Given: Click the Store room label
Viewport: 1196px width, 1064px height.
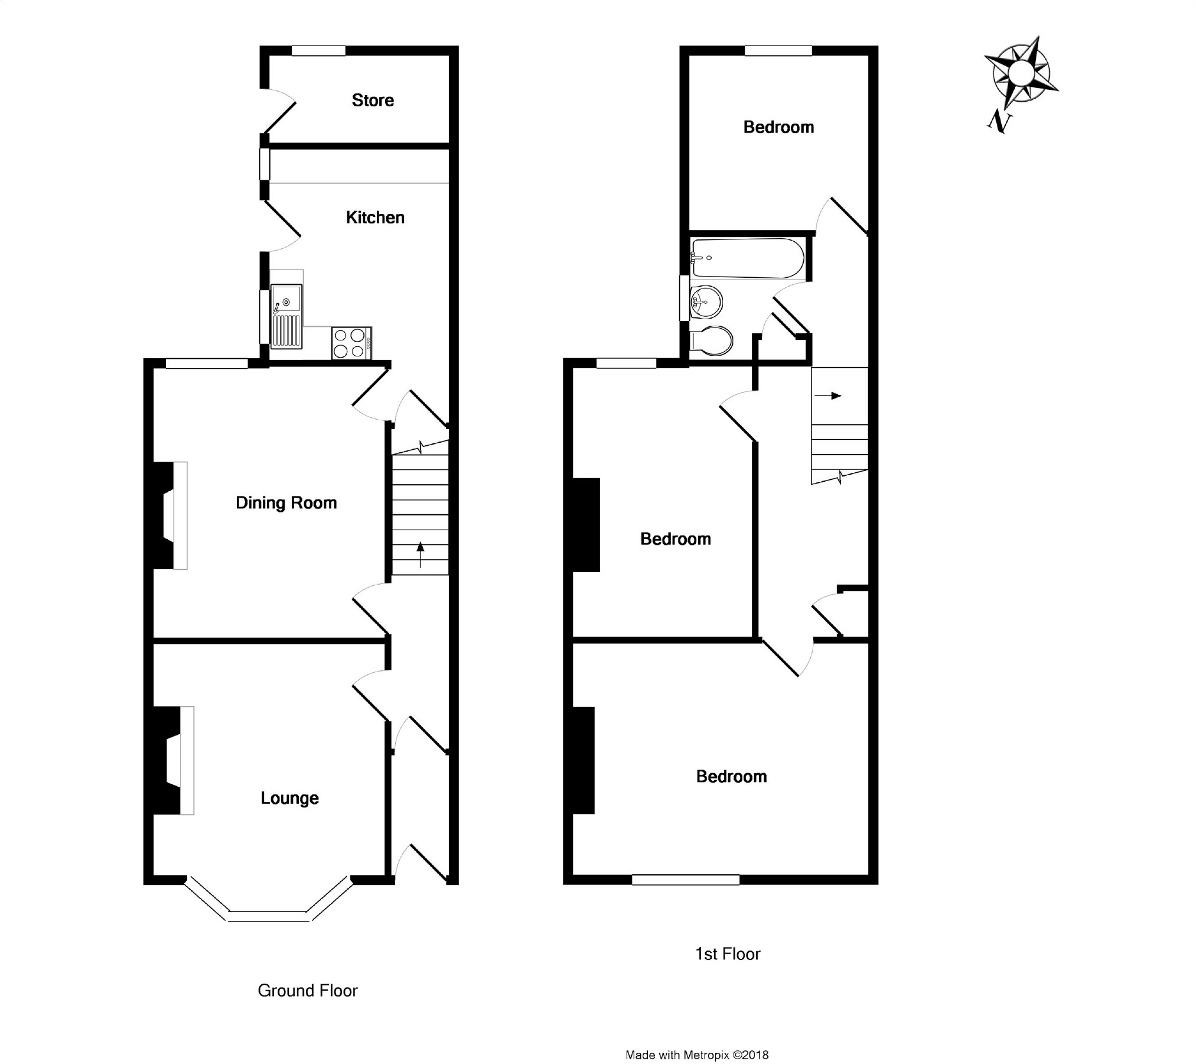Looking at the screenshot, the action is click(x=373, y=100).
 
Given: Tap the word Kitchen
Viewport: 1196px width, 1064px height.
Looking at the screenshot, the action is click(x=375, y=218).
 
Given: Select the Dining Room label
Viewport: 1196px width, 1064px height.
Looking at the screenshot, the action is click(x=286, y=503).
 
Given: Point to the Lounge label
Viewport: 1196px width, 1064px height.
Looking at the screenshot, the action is click(x=289, y=798).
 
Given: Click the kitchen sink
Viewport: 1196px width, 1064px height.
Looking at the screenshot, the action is click(x=286, y=315).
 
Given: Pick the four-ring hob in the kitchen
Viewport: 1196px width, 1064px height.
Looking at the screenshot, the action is click(x=351, y=343).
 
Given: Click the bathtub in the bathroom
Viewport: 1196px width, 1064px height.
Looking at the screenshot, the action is click(x=747, y=258).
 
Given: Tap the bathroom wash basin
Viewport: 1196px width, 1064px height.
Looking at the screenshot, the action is click(x=705, y=302).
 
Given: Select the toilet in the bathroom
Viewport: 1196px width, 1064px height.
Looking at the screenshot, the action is click(x=712, y=340).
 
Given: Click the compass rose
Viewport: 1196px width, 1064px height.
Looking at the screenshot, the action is click(x=1020, y=74).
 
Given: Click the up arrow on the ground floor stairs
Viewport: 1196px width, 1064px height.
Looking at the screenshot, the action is click(x=421, y=554).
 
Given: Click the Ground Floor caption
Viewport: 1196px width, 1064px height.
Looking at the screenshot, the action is click(x=308, y=990).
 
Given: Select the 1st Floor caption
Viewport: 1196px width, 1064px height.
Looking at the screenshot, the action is click(x=728, y=954).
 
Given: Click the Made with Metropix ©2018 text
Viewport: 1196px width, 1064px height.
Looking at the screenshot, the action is click(x=697, y=1038).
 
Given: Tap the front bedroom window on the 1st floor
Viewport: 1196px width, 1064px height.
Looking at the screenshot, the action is click(x=685, y=880).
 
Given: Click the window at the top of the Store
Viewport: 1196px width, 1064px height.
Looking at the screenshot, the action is click(x=318, y=51).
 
